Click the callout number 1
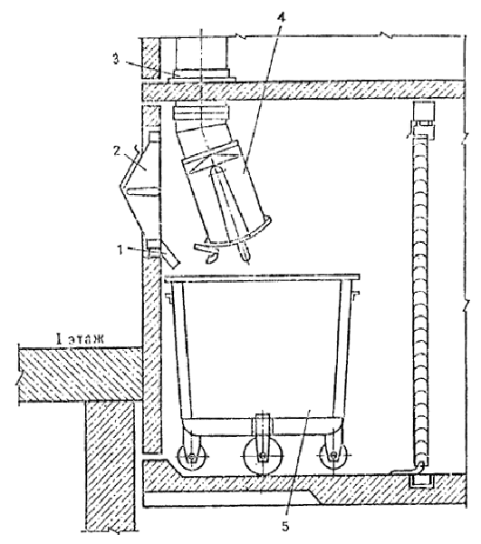coord(120,250)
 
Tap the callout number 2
coord(117,151)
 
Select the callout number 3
coord(116,59)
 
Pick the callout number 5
coord(284,526)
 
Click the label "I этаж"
coord(80,338)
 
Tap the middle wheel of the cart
coord(263,455)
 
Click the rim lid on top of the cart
coord(262,277)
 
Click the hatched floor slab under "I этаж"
coord(81,375)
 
